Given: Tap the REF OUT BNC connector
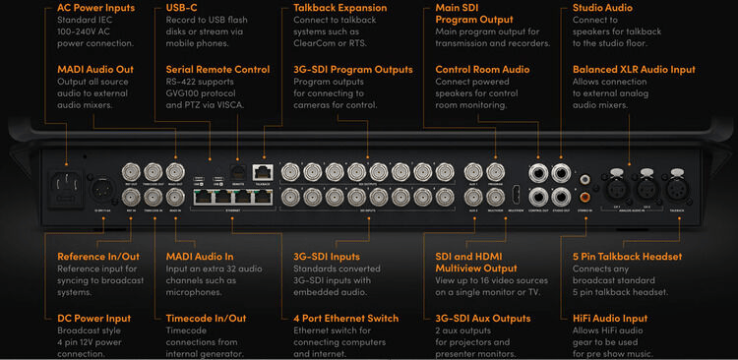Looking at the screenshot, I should (x=131, y=169).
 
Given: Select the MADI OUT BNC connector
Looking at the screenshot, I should (x=175, y=169).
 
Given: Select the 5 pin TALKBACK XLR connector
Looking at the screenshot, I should (x=677, y=187).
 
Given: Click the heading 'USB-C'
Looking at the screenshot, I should (x=173, y=9).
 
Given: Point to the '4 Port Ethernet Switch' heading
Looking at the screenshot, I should (x=345, y=318).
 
